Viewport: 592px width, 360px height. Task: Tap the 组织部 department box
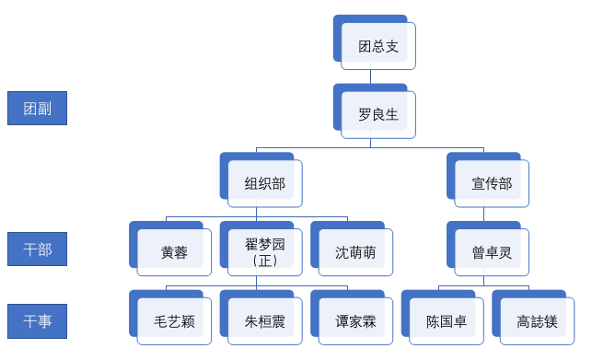[x=264, y=183]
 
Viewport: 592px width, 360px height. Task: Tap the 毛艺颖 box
[x=174, y=322]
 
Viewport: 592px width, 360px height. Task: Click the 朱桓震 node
[x=264, y=322]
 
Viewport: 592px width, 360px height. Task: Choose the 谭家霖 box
[x=355, y=322]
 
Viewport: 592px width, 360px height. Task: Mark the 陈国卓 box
[x=445, y=322]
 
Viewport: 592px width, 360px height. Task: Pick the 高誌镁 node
[x=535, y=322]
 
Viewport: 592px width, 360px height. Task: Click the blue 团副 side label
[x=38, y=109]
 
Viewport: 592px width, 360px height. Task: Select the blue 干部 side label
[x=38, y=250]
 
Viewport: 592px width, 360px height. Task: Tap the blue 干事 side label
[x=38, y=320]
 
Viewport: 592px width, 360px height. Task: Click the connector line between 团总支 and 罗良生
[x=371, y=77]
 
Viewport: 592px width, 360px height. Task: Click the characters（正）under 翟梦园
[x=264, y=261]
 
